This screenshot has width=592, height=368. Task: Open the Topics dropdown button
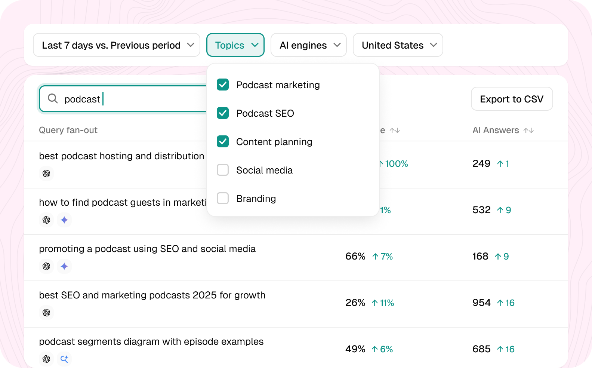(x=235, y=45)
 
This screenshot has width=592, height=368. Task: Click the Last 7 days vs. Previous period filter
(x=117, y=45)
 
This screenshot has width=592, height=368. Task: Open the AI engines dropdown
(x=309, y=45)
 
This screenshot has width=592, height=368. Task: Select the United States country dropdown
(x=398, y=45)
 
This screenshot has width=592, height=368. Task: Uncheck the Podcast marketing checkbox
(x=223, y=85)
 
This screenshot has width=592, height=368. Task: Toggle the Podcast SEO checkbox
(x=223, y=113)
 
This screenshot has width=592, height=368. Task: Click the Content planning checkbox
(x=223, y=141)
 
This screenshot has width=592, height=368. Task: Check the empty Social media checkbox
(x=223, y=170)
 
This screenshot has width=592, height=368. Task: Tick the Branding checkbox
(x=223, y=198)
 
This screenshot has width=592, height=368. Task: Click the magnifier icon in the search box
(x=53, y=99)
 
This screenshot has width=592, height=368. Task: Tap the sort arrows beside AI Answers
(x=528, y=130)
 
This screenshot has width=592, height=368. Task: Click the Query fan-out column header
(x=68, y=130)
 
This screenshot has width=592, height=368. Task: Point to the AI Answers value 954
(x=481, y=303)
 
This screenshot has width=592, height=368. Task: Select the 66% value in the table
(x=355, y=256)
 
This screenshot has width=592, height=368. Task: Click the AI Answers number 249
(x=481, y=163)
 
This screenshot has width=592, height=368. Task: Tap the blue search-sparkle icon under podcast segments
(x=64, y=359)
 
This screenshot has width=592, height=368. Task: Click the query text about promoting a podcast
(x=147, y=249)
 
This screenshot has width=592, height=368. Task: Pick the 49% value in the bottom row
(x=355, y=349)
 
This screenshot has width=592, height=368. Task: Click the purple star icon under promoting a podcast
(x=64, y=266)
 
